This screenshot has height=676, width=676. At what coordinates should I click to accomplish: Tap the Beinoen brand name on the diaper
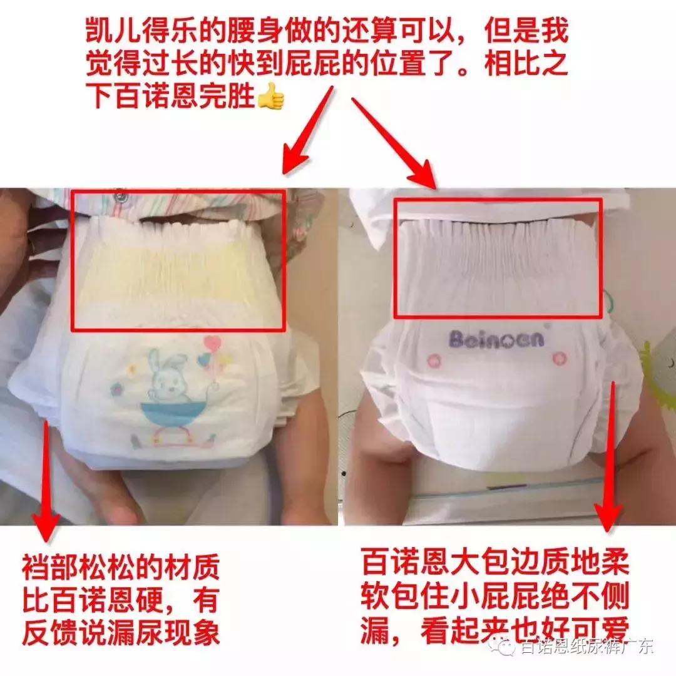(x=497, y=339)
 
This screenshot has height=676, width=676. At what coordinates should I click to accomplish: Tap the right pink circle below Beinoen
(x=559, y=359)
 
